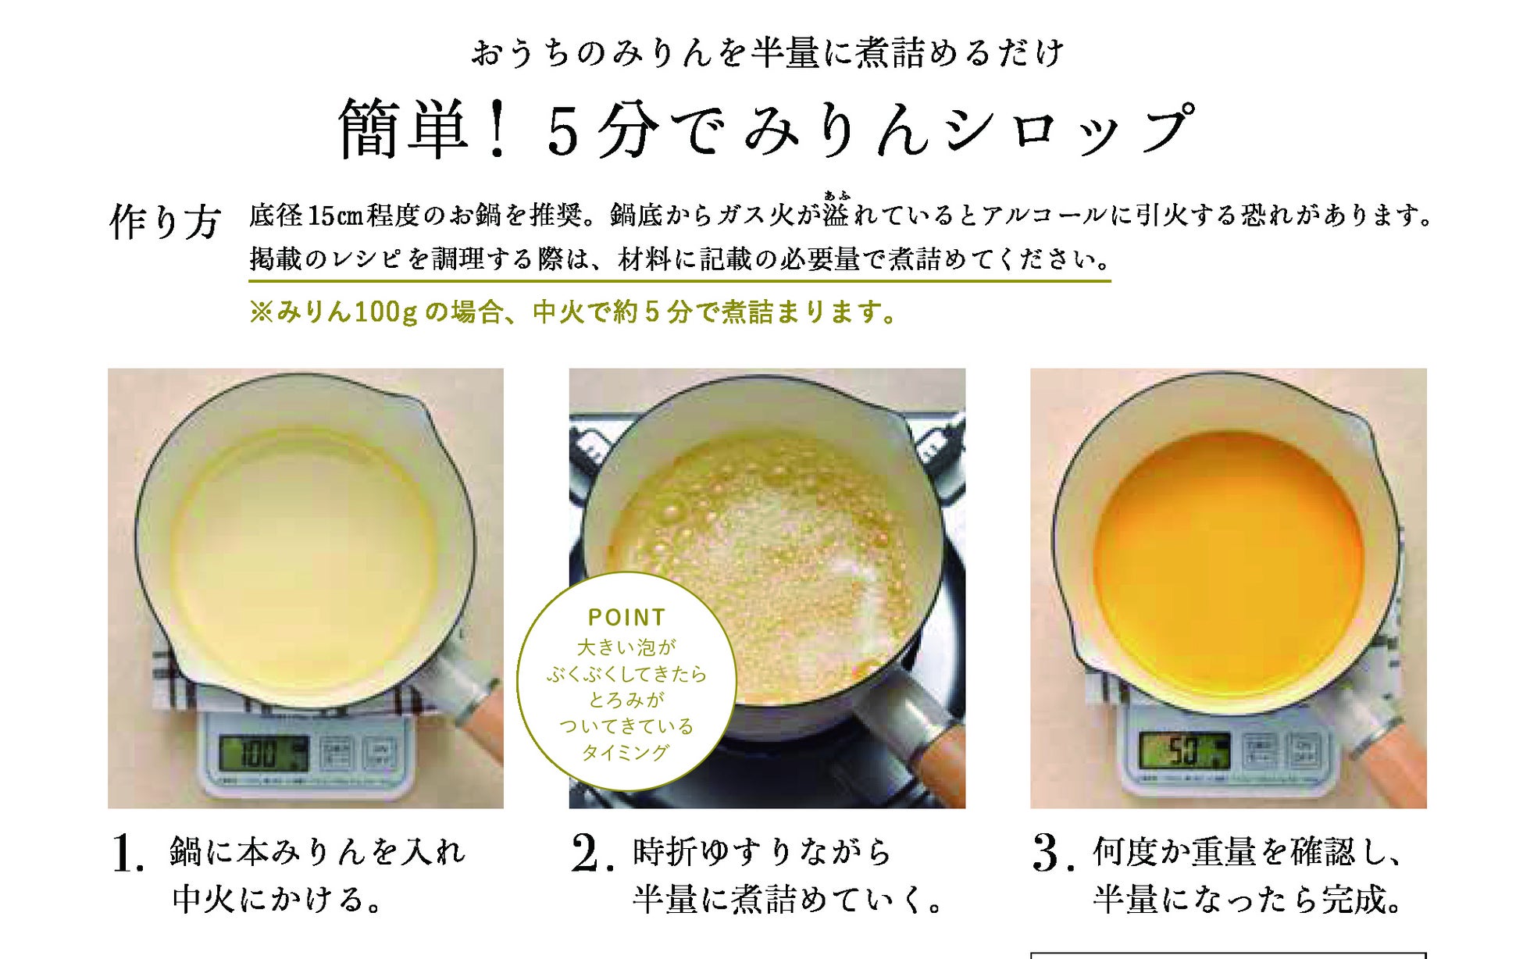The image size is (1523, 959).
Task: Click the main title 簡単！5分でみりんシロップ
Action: (x=766, y=129)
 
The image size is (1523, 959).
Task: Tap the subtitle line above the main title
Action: (x=768, y=53)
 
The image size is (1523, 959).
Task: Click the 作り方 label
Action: (x=166, y=222)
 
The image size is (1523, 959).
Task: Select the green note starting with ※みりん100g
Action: (x=572, y=312)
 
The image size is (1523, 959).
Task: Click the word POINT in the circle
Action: (x=626, y=618)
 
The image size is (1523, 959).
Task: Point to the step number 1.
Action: (x=127, y=853)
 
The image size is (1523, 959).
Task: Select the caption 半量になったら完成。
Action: (x=1247, y=899)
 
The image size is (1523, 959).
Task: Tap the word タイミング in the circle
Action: (x=626, y=752)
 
